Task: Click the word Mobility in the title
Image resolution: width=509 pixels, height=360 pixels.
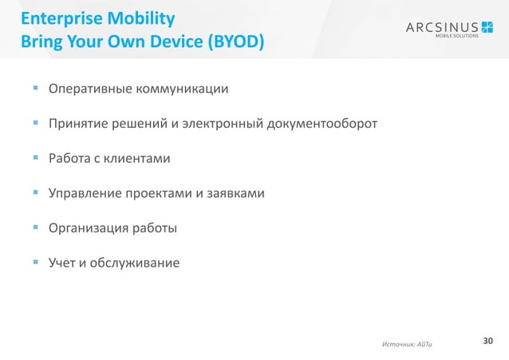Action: pos(132,17)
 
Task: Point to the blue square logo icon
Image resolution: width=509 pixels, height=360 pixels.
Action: pos(487,28)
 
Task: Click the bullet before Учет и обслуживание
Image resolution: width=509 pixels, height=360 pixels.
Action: pos(37,263)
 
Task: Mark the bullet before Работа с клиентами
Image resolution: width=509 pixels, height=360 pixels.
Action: pos(37,159)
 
